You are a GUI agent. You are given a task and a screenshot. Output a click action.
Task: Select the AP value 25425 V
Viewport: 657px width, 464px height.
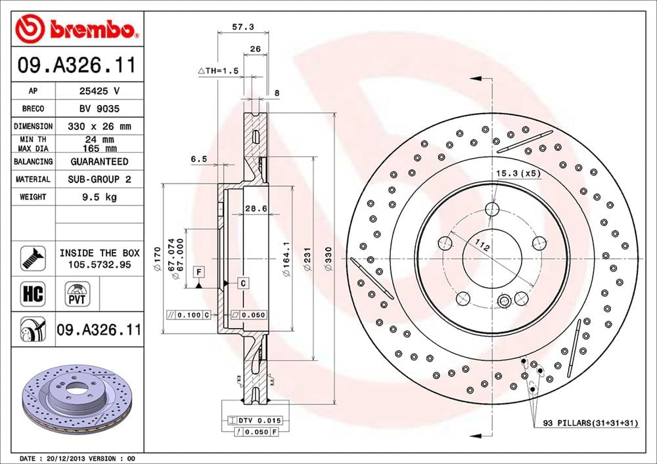[99, 91]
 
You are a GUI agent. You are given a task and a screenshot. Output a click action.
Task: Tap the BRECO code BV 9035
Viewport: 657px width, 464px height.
[99, 108]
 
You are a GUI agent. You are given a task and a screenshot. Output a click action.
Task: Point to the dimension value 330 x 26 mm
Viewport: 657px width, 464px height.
[99, 126]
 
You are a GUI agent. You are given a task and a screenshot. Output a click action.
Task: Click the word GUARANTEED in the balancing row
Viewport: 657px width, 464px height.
[99, 161]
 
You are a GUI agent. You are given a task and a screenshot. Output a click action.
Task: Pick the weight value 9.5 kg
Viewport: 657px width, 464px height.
[99, 197]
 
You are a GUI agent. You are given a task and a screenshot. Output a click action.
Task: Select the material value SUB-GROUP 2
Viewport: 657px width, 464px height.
[99, 179]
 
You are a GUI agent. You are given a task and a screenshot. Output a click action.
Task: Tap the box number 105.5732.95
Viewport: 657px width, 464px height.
[99, 264]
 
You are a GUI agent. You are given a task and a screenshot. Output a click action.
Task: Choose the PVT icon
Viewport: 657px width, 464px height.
[76, 293]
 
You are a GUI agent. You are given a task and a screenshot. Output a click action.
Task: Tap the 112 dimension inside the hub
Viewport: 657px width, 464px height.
[482, 247]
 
